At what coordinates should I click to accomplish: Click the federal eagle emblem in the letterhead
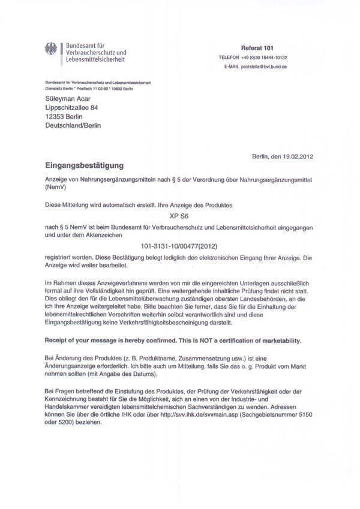pyautogui.click(x=50, y=50)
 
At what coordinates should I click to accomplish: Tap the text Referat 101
pyautogui.click(x=256, y=47)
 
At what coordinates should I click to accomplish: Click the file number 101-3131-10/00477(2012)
pyautogui.click(x=178, y=246)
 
